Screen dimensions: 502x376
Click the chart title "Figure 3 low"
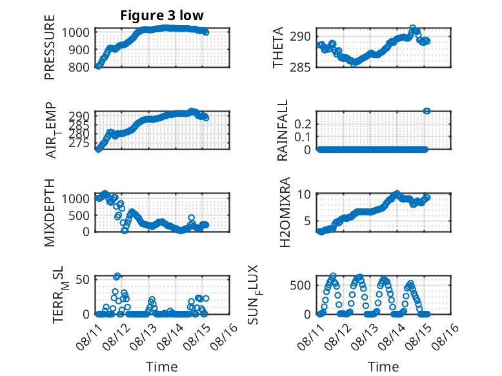tap(162, 15)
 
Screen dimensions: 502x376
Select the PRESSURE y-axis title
tap(50, 47)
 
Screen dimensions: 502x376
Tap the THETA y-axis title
tap(278, 47)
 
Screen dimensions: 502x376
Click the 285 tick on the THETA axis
tap(300, 68)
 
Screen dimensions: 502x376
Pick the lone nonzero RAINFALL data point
tap(427, 111)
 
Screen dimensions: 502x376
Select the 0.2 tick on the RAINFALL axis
tap(303, 124)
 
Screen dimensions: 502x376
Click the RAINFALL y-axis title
tap(283, 130)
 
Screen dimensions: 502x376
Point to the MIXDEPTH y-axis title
tap(50, 212)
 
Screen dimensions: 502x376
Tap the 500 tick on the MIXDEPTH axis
tap(79, 215)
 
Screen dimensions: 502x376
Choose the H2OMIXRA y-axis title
tap(285, 212)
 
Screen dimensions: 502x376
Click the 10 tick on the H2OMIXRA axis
tap(304, 194)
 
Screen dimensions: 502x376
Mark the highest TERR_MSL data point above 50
tap(117, 276)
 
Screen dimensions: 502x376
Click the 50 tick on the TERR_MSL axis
tap(83, 279)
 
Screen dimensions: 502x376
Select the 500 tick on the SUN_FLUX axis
tap(300, 285)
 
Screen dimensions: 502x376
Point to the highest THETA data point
tap(413, 28)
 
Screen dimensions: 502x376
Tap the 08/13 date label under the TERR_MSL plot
tap(143, 337)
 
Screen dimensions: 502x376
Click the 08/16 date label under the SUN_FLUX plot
tap(445, 337)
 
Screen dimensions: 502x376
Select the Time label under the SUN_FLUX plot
tap(383, 367)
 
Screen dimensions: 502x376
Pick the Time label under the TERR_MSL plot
tap(162, 367)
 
